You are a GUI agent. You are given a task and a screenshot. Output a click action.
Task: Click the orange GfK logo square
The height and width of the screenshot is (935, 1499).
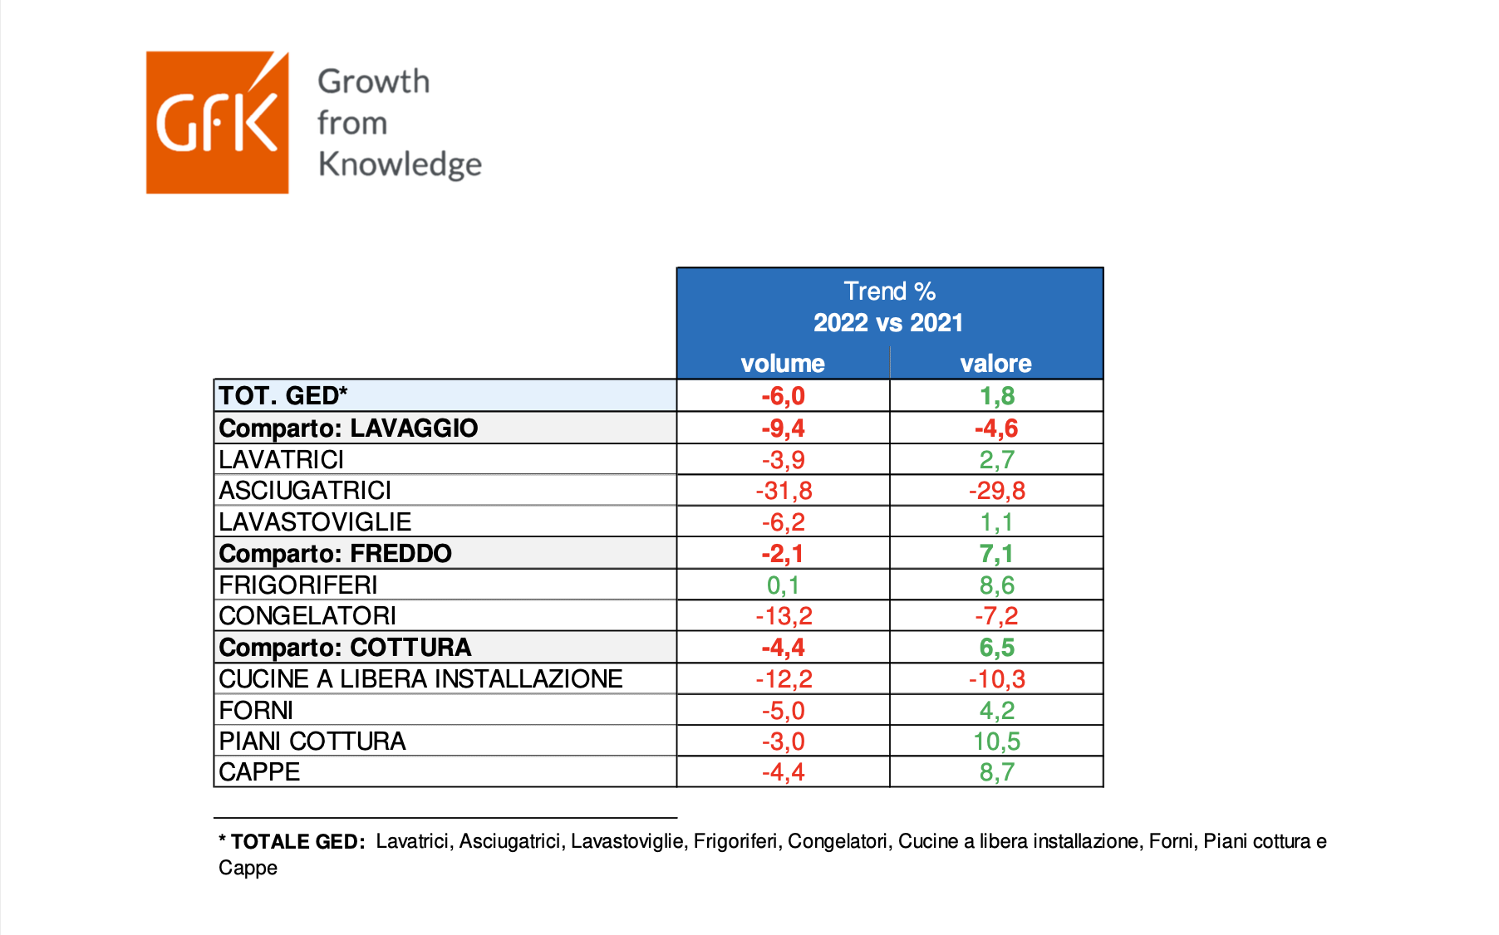[217, 123]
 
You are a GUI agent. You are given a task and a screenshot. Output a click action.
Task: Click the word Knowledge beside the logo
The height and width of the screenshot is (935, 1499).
[400, 164]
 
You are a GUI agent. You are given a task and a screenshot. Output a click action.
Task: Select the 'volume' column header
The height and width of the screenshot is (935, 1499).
[783, 363]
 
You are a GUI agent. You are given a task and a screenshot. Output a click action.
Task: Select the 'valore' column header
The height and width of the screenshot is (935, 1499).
[995, 363]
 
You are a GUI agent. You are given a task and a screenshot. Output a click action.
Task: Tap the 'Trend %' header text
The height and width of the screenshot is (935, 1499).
[889, 291]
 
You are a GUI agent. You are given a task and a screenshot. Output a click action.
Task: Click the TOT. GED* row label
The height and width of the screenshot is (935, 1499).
[283, 395]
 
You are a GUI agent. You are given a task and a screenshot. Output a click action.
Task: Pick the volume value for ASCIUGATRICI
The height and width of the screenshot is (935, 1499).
[784, 491]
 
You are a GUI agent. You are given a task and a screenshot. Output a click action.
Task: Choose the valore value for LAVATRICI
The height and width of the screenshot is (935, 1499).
[996, 459]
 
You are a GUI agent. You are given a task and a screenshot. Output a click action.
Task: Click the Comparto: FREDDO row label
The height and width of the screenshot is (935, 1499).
[335, 553]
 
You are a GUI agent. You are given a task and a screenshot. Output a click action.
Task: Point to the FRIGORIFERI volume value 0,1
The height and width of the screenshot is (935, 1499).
[783, 585]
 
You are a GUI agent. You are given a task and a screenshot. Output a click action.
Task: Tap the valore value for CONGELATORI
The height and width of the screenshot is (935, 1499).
[996, 616]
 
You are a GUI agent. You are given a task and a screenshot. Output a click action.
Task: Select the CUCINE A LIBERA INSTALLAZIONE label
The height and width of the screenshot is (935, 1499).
[420, 679]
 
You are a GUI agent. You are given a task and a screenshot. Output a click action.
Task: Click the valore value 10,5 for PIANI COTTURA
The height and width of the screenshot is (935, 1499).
[996, 742]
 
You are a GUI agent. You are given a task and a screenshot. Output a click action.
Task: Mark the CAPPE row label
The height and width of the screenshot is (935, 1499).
[259, 772]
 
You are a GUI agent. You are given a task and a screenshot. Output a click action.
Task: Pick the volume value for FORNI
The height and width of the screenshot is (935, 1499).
[784, 711]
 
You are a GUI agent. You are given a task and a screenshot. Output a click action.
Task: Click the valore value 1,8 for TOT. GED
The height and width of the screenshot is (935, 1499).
[997, 396]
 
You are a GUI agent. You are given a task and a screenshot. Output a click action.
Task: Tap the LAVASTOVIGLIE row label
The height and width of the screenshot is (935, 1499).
[315, 522]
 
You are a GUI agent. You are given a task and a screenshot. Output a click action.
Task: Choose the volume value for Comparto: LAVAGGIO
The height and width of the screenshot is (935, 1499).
[784, 428]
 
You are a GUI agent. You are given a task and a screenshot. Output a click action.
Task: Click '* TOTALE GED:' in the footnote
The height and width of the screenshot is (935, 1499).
[292, 841]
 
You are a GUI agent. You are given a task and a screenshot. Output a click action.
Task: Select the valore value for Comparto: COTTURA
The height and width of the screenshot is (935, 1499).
[996, 648]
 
